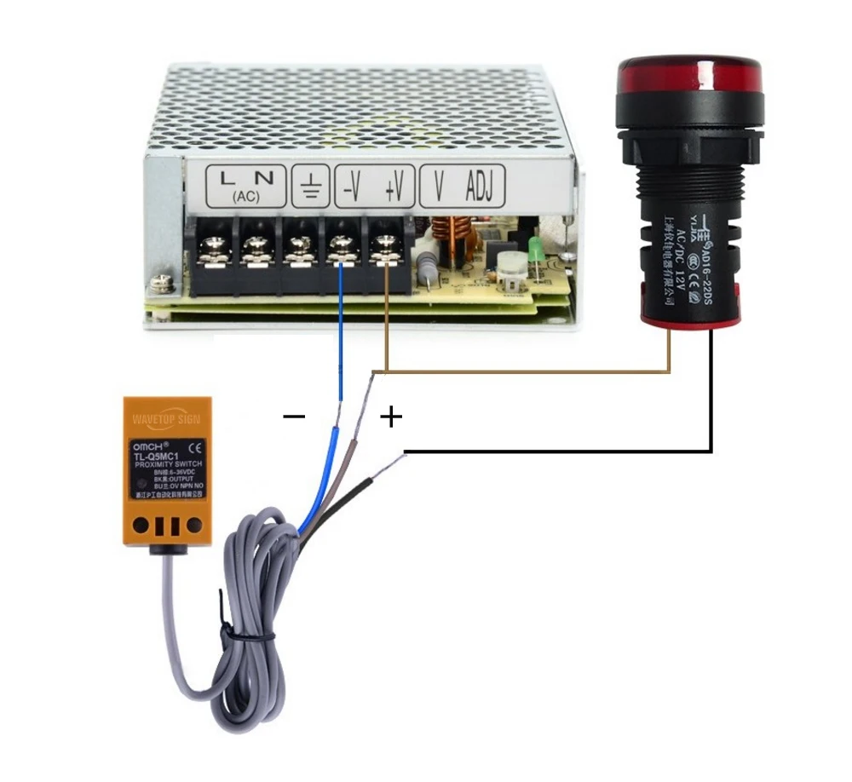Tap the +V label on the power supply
point(394,185)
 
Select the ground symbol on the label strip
point(309,185)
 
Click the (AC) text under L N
point(246,197)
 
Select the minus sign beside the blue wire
point(294,417)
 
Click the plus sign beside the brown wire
point(390,417)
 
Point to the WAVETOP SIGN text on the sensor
point(167,419)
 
